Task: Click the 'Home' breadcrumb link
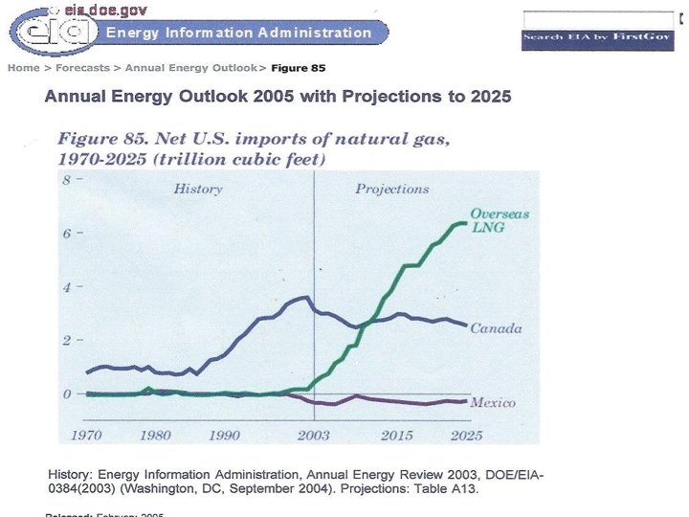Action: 24,68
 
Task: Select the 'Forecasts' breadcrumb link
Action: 82,68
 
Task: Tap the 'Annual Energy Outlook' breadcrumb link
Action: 190,68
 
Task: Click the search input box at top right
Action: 598,19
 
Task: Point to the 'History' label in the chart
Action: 198,190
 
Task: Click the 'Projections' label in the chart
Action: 392,190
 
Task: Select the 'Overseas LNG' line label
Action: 500,220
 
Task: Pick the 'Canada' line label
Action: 496,328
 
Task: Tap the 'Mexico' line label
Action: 493,403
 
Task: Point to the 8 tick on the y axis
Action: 68,180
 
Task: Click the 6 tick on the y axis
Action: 68,234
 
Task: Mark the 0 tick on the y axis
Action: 68,394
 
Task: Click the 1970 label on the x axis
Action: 86,436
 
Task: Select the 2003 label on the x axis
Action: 314,436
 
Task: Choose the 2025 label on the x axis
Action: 466,436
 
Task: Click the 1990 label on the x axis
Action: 224,436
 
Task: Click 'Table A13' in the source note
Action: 445,489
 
